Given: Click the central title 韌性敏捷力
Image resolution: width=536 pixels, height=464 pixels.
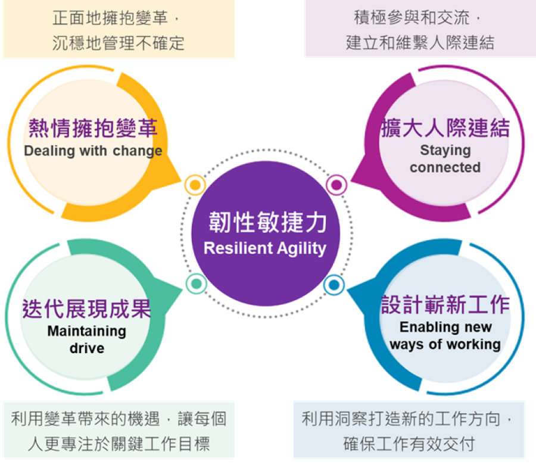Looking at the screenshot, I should tap(267, 223).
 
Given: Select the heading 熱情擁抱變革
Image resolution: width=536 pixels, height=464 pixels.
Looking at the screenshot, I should tap(94, 128).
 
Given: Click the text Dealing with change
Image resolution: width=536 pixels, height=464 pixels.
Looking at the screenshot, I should tap(93, 151).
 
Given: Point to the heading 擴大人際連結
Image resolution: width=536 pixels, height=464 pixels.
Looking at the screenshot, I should tap(445, 128).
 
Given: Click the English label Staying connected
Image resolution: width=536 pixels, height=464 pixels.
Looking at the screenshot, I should tap(445, 159).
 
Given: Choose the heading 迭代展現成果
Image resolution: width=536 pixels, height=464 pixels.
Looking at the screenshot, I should tap(86, 309).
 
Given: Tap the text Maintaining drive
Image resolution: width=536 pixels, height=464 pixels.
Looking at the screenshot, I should tap(87, 339).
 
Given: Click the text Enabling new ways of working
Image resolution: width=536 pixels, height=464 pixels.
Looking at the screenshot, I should tap(445, 335).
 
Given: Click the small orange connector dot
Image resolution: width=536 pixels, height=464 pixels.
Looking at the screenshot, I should tap(195, 185).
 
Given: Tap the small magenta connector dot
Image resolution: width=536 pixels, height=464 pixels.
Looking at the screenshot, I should tap(336, 185).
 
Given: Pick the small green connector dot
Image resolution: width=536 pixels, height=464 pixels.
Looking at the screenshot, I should tap(195, 284).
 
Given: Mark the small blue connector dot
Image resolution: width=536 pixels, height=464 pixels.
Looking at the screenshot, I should tap(334, 285).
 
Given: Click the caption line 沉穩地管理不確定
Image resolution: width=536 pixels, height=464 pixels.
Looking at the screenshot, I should tap(117, 42).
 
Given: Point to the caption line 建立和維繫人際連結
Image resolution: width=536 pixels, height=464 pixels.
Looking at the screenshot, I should tap(420, 42).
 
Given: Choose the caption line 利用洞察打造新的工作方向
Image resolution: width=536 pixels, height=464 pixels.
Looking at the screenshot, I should tap(408, 419).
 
